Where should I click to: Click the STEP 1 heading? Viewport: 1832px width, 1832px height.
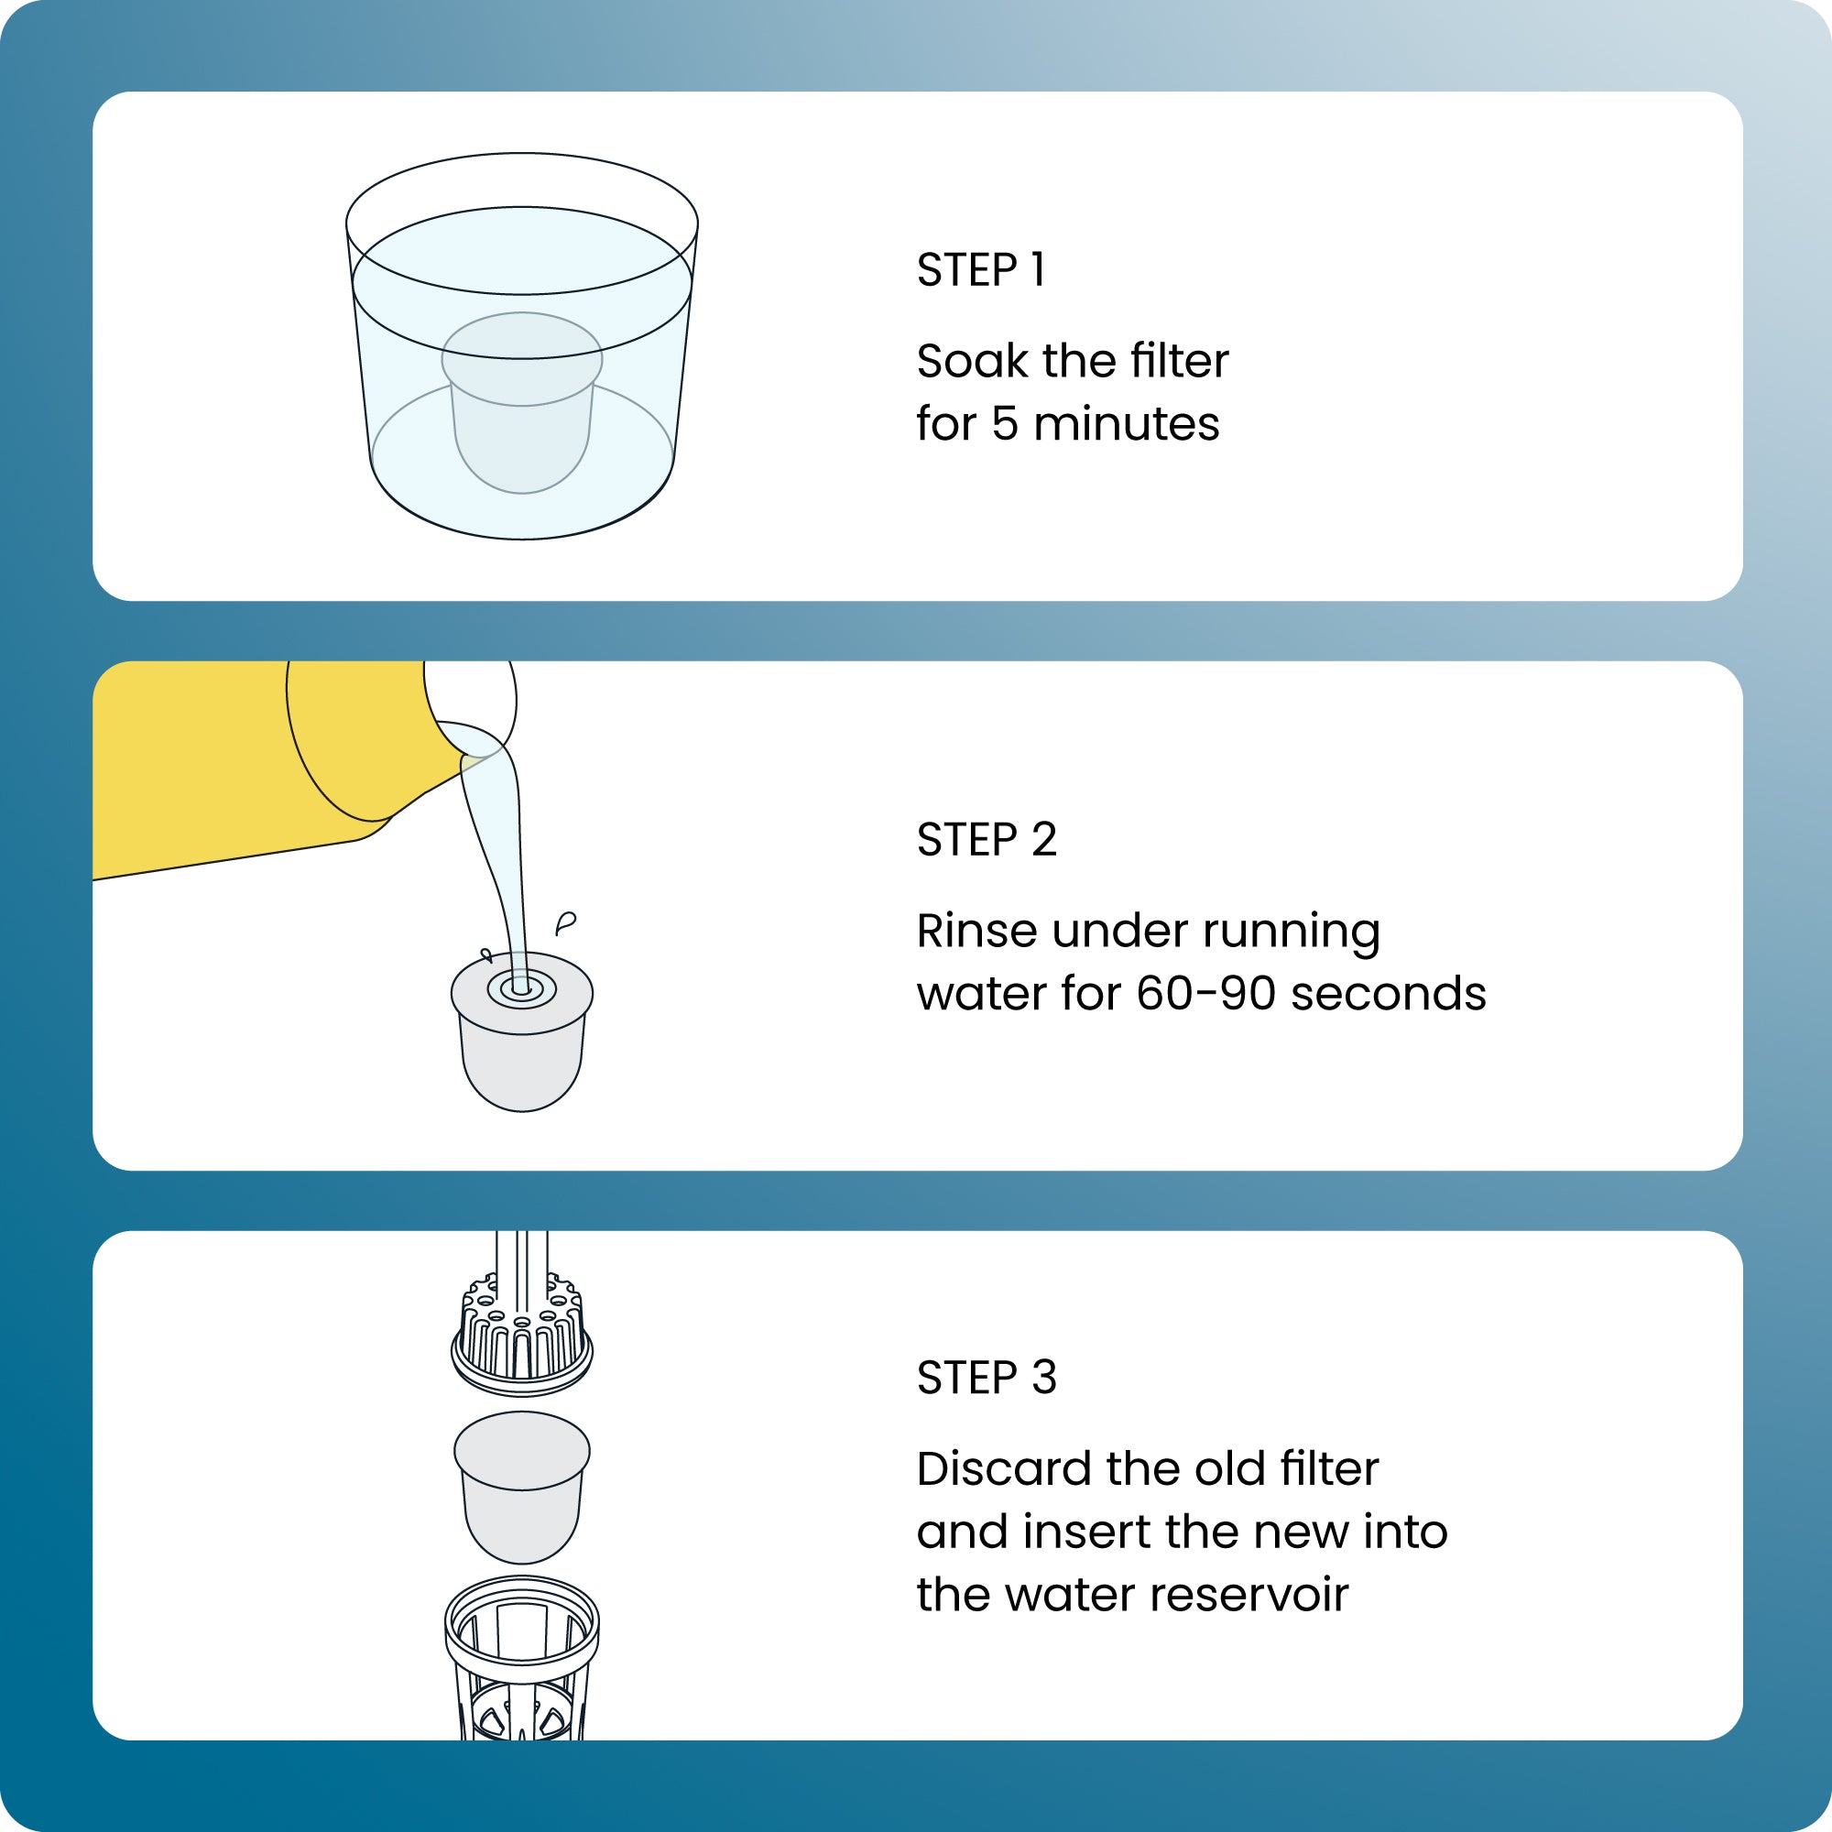(980, 270)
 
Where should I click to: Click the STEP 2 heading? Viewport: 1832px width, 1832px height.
(987, 839)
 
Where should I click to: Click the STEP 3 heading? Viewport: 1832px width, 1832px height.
(987, 1378)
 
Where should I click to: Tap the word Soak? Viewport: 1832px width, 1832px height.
(972, 361)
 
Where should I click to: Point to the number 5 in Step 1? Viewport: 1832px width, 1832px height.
(1004, 424)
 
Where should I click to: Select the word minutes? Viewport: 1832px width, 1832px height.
(1126, 424)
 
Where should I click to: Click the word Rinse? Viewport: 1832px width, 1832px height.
(976, 931)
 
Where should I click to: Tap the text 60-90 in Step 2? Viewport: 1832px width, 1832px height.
(1205, 994)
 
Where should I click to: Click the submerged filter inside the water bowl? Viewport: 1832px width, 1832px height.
(521, 417)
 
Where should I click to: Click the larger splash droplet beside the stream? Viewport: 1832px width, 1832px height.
(566, 921)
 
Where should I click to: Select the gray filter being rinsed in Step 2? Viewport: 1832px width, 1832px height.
(521, 1052)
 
